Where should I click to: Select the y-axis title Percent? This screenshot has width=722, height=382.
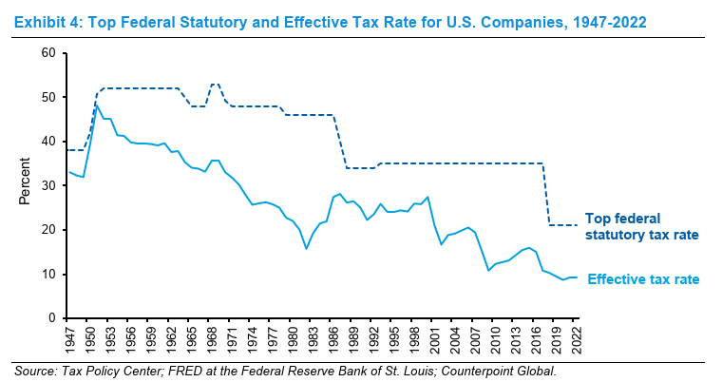click(x=26, y=185)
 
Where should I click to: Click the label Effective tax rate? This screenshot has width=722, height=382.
click(x=643, y=279)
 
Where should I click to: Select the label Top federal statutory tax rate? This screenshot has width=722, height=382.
click(x=641, y=225)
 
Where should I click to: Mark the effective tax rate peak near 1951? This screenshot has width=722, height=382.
click(x=96, y=104)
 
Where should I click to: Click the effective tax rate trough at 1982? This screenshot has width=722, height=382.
click(x=306, y=248)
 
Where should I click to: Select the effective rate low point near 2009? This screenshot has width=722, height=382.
click(x=488, y=270)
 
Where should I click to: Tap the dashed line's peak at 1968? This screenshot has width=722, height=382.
click(x=215, y=84)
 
